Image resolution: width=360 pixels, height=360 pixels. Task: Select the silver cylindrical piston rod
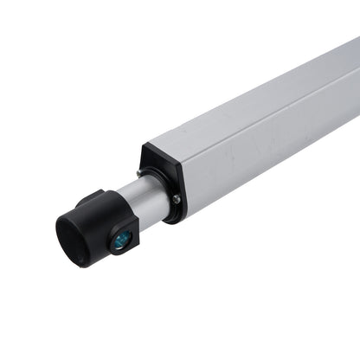click(x=143, y=202)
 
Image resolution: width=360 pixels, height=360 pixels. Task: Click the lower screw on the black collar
click(x=177, y=200)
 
